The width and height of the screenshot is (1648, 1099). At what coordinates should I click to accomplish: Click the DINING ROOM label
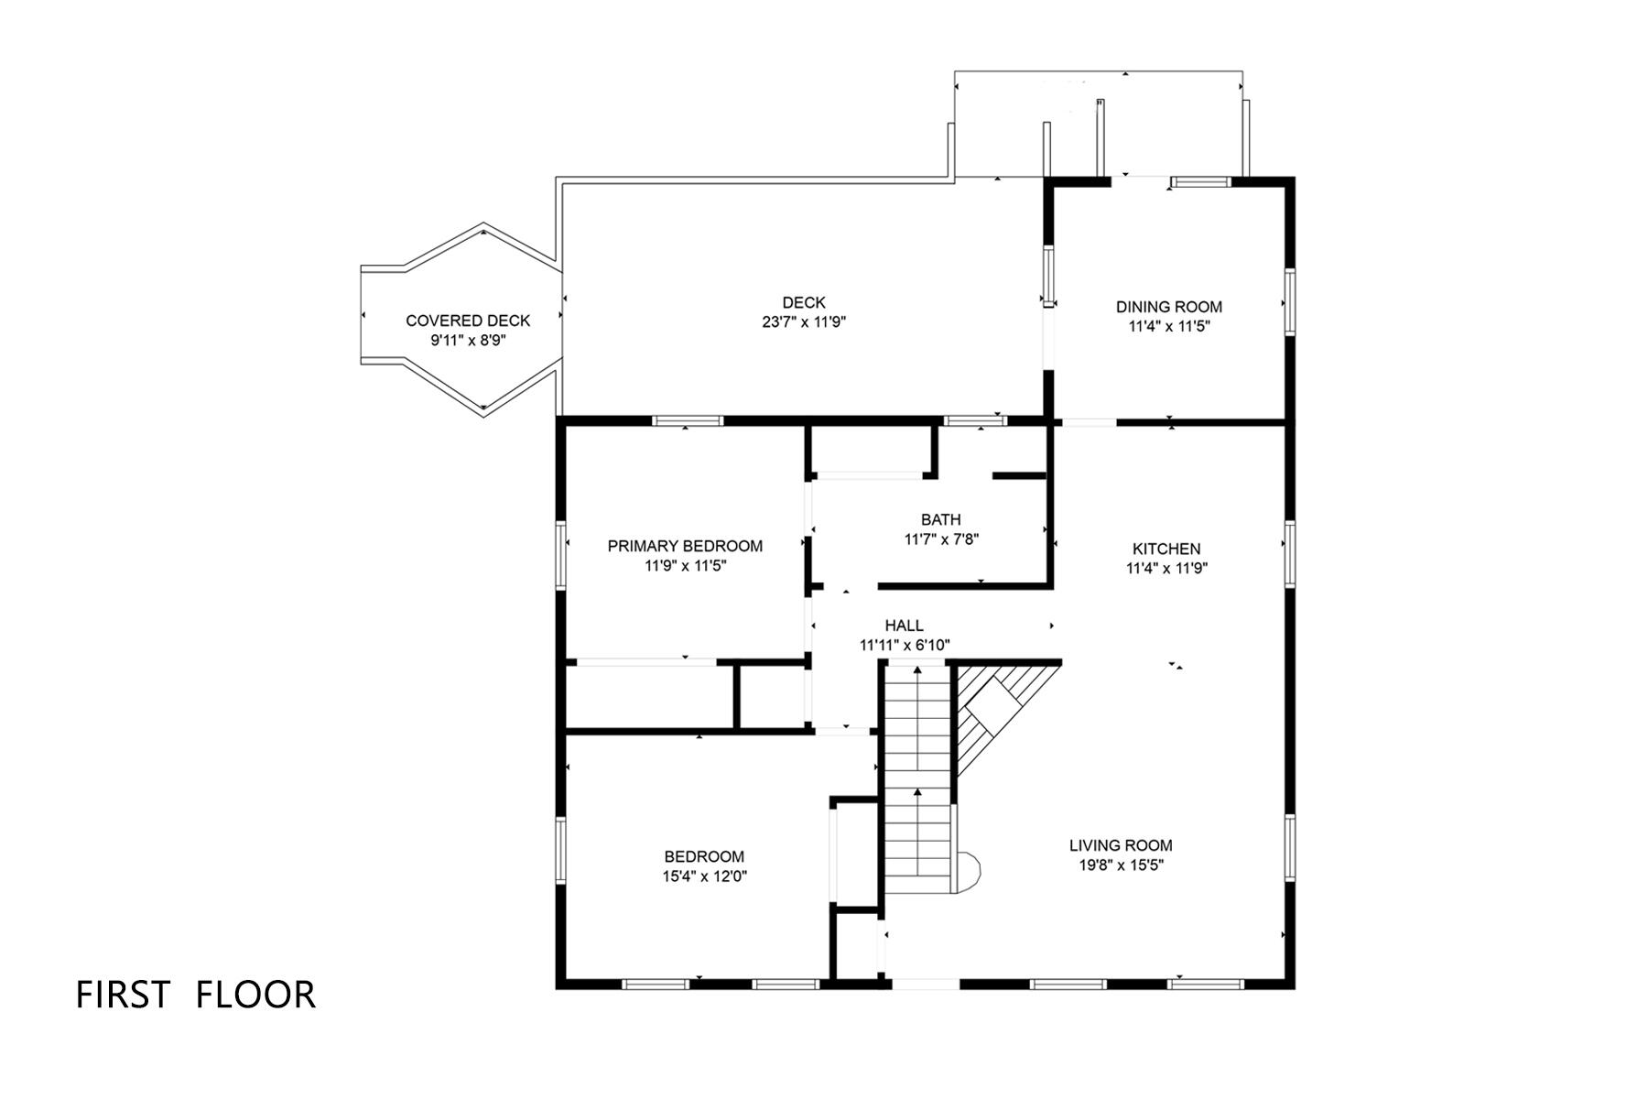click(1168, 307)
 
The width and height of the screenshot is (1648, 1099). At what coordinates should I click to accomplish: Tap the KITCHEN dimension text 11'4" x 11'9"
click(1166, 568)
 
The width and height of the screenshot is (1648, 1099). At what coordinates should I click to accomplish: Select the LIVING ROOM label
click(1121, 845)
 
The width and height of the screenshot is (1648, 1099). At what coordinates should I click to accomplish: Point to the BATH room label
click(941, 520)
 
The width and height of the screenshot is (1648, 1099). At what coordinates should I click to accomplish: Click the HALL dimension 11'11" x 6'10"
click(904, 646)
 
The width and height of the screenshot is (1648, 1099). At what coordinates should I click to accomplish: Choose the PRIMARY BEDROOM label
click(685, 546)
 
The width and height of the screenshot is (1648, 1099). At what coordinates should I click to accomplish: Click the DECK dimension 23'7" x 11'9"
click(804, 322)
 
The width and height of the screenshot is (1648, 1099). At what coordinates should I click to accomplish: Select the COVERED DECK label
click(468, 321)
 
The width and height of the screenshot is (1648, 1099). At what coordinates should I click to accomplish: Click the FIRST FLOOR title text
click(195, 995)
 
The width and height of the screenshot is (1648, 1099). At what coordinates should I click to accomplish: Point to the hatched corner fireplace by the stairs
click(993, 710)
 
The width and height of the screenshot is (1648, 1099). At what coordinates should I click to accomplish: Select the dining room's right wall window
click(1289, 301)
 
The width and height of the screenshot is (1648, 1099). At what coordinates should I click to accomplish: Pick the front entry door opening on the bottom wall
click(925, 984)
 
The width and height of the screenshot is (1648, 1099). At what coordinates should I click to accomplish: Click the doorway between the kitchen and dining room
click(1088, 422)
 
